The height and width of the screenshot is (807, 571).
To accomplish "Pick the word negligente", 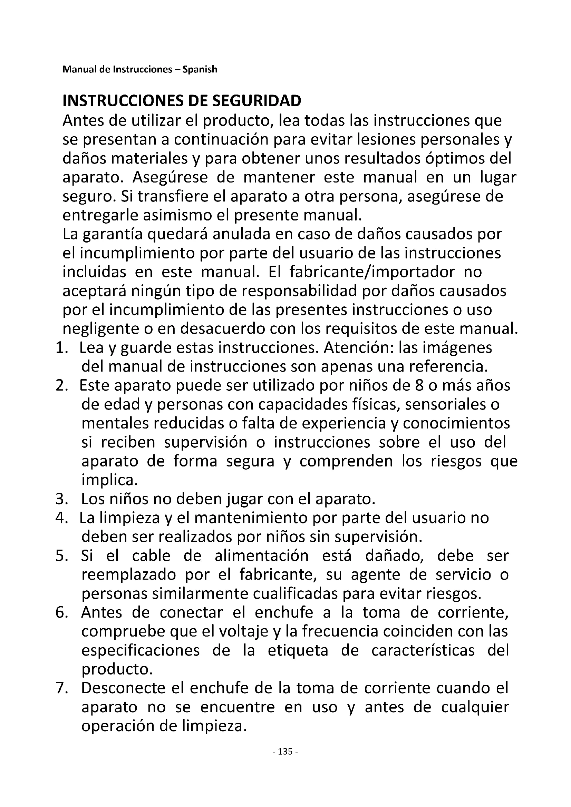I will point(97,329).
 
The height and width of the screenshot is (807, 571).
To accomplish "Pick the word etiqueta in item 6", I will point(298,651).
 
